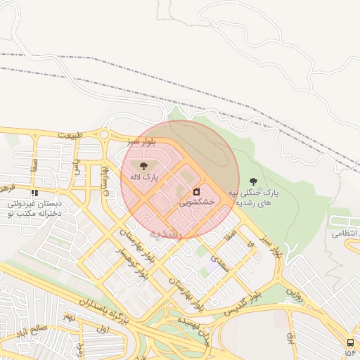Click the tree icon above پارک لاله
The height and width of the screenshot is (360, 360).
click(x=144, y=167)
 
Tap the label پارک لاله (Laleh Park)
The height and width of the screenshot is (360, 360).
click(x=144, y=178)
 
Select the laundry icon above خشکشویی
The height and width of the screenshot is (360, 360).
click(x=195, y=191)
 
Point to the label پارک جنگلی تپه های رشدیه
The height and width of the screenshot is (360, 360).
click(x=253, y=198)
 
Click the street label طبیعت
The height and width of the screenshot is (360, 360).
click(x=75, y=134)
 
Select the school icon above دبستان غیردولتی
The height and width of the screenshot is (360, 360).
click(x=34, y=193)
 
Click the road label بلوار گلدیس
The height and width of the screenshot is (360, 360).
click(x=241, y=302)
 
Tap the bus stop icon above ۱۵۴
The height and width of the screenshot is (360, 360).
click(x=349, y=342)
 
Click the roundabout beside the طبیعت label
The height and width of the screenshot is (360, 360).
click(x=104, y=135)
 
